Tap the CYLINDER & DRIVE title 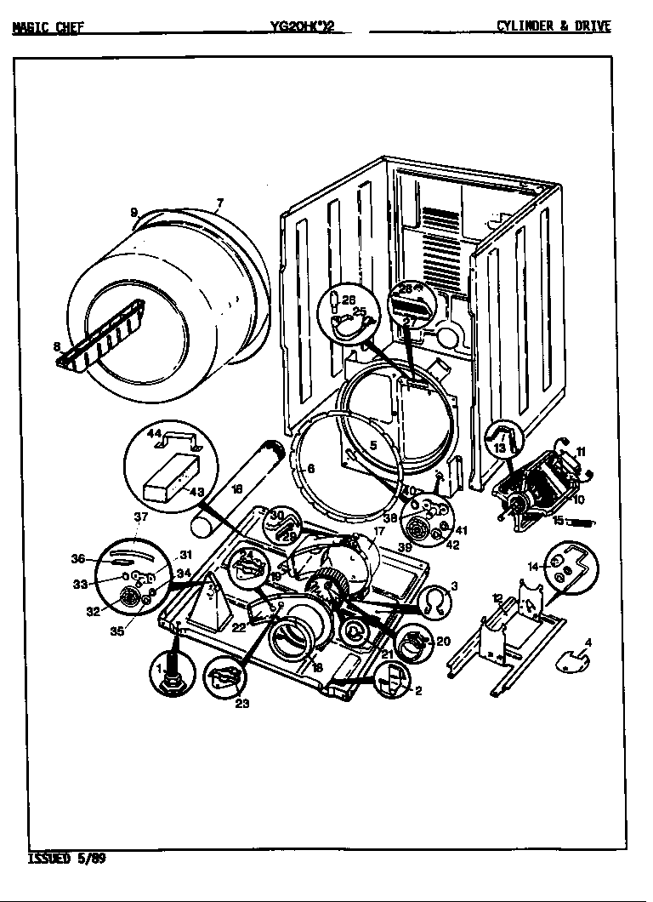(x=554, y=26)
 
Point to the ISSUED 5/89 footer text (x=67, y=858)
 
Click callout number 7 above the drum (x=219, y=203)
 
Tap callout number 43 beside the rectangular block (x=196, y=492)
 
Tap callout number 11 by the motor (x=581, y=451)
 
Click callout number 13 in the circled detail (x=500, y=448)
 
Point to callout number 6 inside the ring (x=310, y=468)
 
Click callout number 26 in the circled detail (x=348, y=299)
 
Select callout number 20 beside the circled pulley (x=442, y=641)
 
